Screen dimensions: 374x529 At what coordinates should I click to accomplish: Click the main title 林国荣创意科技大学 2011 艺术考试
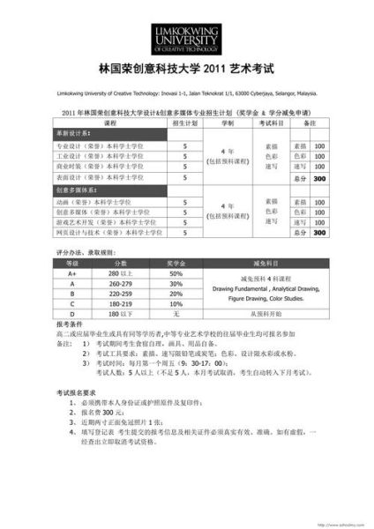click(187, 67)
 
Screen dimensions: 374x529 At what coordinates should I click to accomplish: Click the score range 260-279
click(121, 285)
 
